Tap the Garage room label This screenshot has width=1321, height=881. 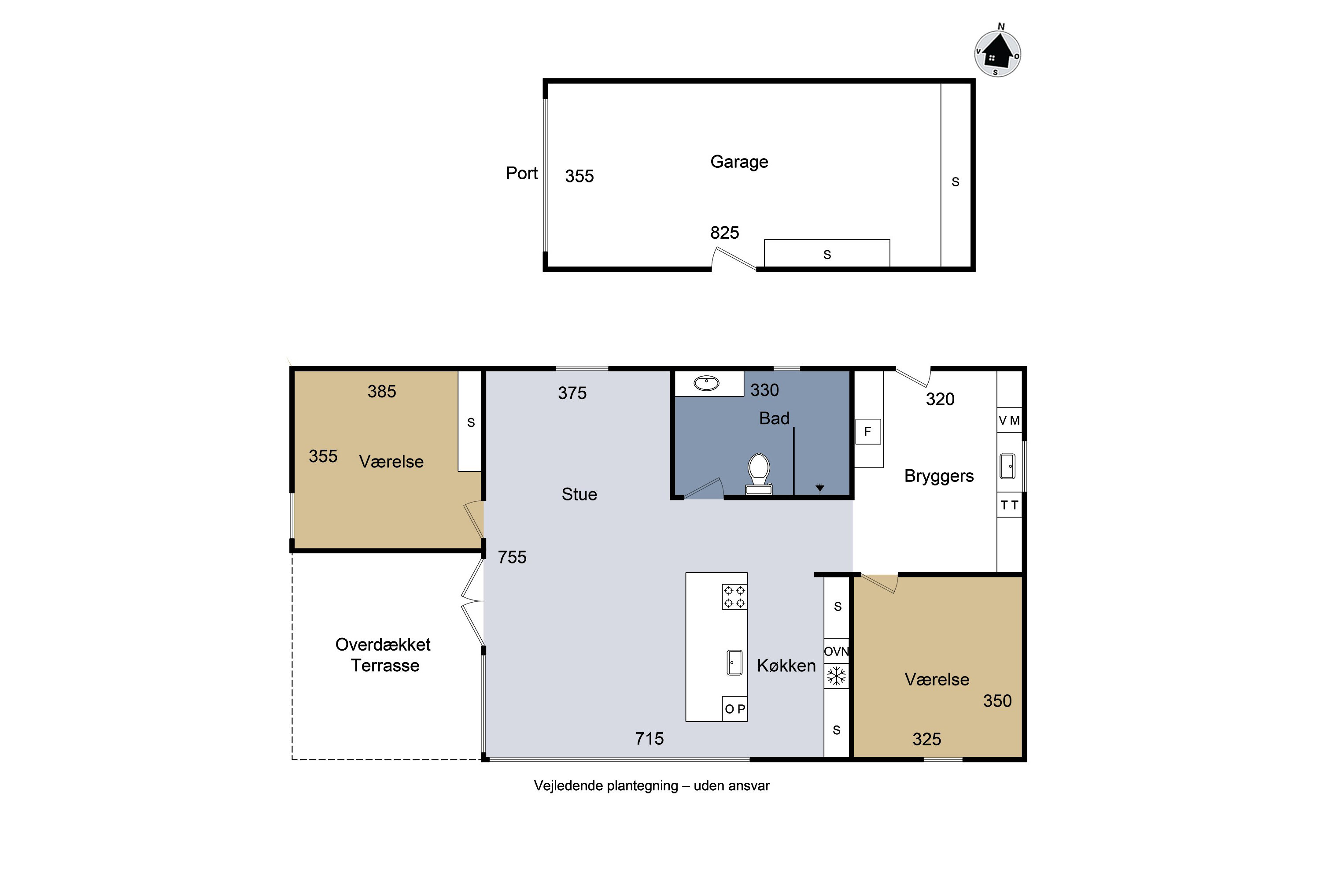[x=739, y=162]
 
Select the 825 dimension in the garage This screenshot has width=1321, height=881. [x=724, y=233]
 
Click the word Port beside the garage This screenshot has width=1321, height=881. [x=522, y=173]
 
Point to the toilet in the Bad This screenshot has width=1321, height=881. [x=758, y=474]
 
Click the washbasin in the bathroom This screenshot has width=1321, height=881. [x=707, y=383]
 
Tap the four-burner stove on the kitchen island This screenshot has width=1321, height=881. [x=734, y=597]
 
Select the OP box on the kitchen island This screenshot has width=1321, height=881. [x=734, y=709]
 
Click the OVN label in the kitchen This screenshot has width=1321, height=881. [x=836, y=651]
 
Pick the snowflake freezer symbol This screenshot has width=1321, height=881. [x=836, y=676]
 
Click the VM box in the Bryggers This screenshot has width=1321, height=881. [x=1009, y=420]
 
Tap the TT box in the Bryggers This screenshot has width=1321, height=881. [x=1009, y=505]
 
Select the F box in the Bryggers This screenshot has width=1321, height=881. [x=868, y=432]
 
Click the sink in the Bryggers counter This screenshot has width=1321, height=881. [x=1007, y=466]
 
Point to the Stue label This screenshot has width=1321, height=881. [x=579, y=494]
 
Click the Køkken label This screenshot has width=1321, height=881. [x=786, y=666]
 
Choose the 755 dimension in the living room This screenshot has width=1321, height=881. [x=512, y=557]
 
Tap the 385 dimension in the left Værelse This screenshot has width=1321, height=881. [x=382, y=392]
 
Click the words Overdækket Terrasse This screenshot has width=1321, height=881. [x=384, y=655]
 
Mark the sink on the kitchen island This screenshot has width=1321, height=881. [x=734, y=663]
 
